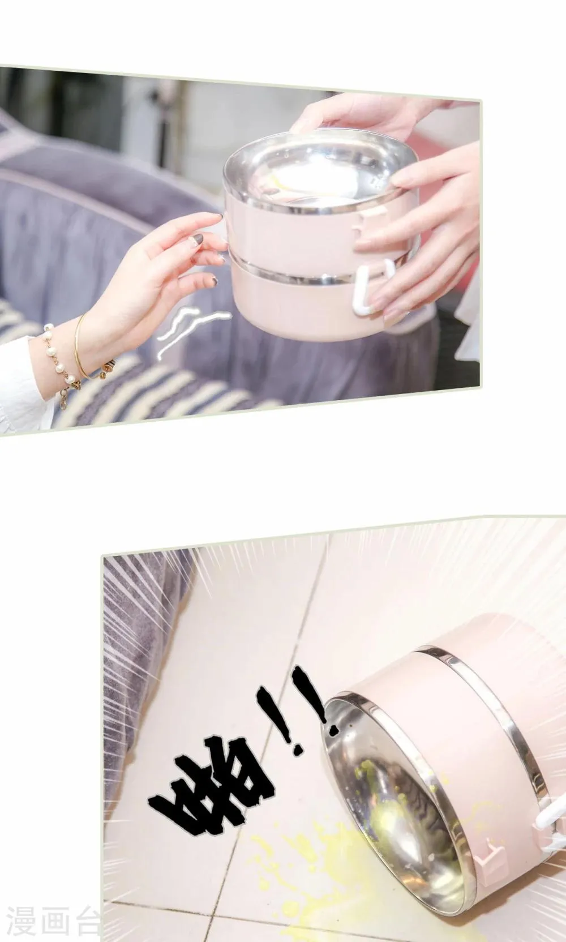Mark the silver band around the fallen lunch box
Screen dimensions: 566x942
click(x=483, y=715)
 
